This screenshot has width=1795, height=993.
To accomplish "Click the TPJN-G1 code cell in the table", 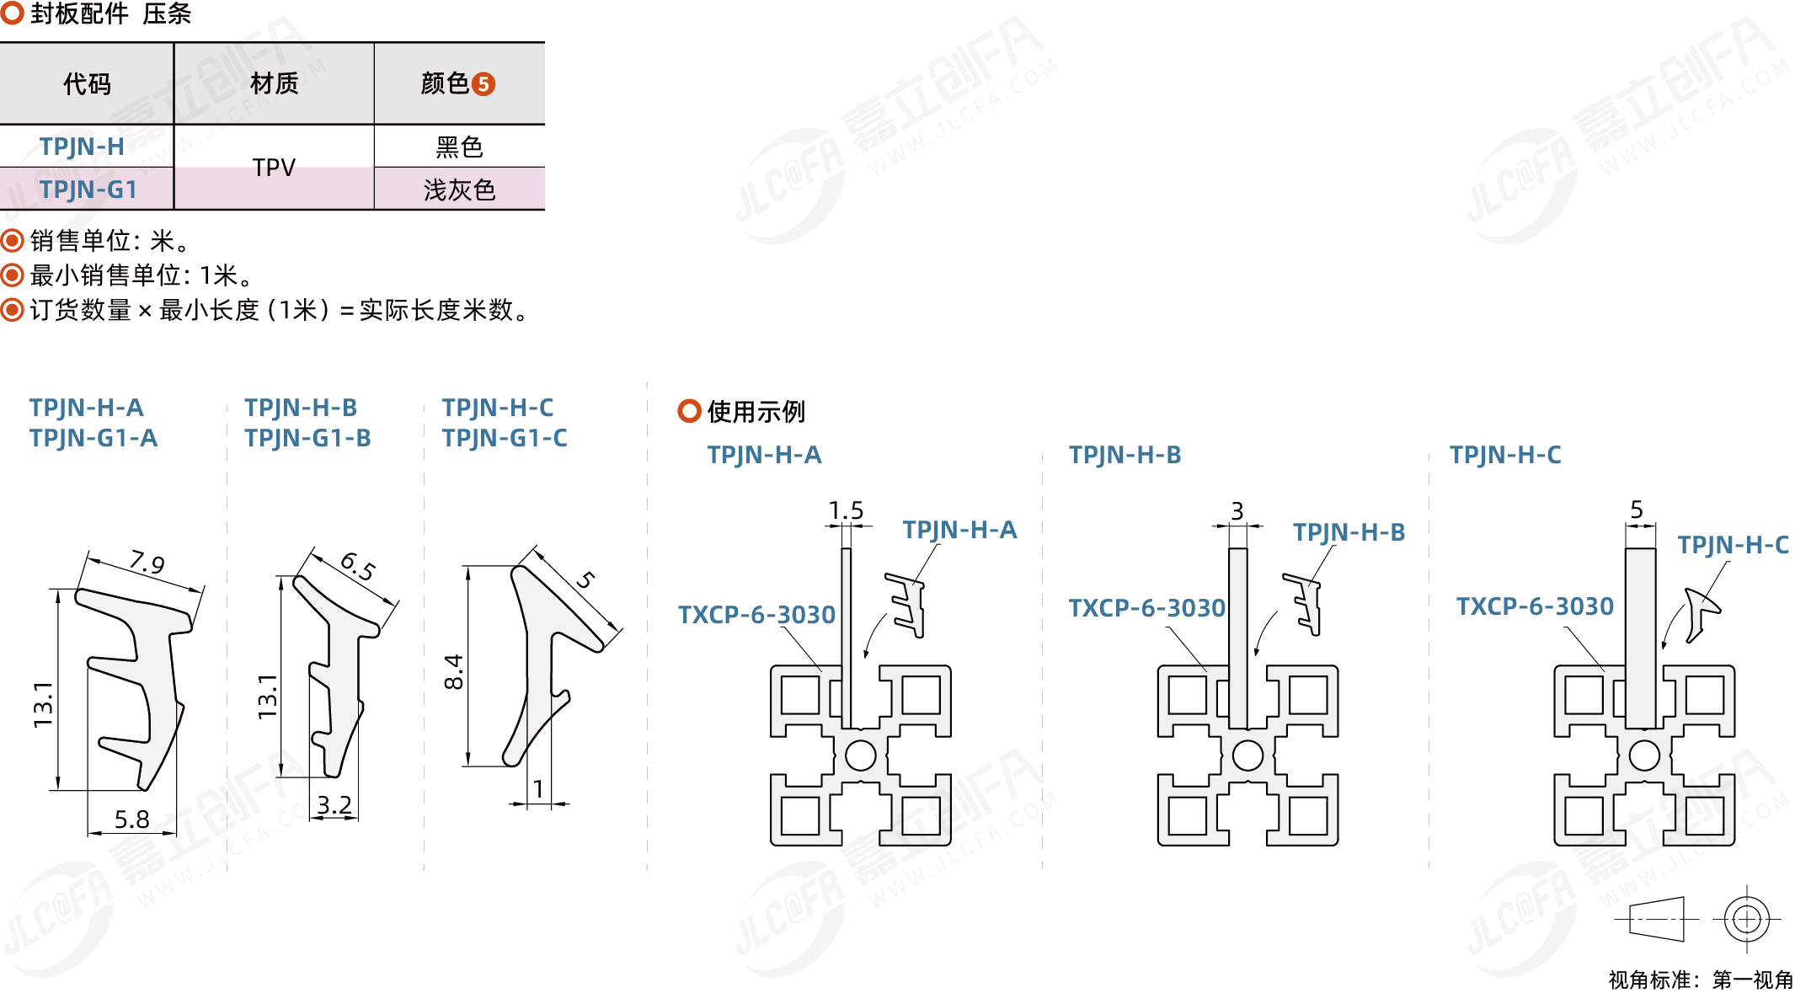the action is point(88,190).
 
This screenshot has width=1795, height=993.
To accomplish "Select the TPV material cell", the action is point(274,168).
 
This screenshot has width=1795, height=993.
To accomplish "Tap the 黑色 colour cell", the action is point(459,147).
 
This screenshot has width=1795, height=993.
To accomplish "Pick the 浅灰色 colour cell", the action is point(459,190).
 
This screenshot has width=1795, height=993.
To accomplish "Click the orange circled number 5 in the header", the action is point(483,84).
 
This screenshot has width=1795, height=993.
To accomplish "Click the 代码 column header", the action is point(87,84).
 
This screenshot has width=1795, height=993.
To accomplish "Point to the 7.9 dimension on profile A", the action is point(147,562).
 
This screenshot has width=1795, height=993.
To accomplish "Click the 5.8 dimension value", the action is point(131,819).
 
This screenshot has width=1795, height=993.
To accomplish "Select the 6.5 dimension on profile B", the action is point(358,566).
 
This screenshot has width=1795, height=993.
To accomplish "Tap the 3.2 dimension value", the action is point(334,805).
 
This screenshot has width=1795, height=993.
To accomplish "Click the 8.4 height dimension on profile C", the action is point(454,671).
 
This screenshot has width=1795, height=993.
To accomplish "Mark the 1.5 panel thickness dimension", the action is point(846,510).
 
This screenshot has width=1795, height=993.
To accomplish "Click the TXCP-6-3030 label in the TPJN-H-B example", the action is point(1146,608).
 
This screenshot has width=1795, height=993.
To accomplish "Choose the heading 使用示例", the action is point(756,412).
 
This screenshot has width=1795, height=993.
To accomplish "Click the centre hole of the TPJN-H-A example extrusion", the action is point(860,755).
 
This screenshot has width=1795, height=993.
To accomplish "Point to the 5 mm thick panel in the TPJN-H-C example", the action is point(1640,638).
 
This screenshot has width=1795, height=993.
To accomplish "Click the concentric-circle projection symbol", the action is point(1747,919).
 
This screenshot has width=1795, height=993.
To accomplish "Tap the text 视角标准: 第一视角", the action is point(1701,980).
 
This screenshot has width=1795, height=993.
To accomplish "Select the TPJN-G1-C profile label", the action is point(505,438).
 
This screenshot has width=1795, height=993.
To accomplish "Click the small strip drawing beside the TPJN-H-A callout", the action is point(906,605).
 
